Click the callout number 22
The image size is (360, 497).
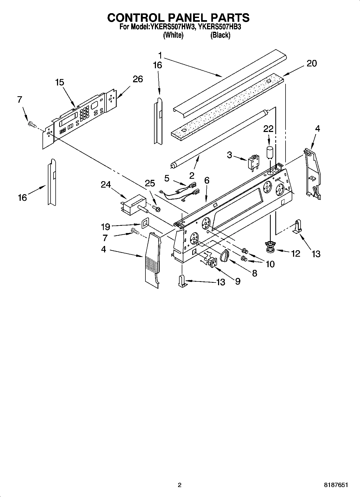click(x=268, y=129)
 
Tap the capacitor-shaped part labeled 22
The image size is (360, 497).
click(x=270, y=152)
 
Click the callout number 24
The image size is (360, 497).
click(x=106, y=185)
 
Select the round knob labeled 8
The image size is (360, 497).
click(x=224, y=255)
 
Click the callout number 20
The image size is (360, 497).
click(x=312, y=63)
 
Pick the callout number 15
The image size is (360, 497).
click(x=60, y=82)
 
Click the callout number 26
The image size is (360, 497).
click(x=138, y=79)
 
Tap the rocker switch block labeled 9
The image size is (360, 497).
click(x=212, y=262)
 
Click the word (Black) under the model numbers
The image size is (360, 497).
click(x=220, y=35)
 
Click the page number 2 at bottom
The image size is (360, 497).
click(x=180, y=485)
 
